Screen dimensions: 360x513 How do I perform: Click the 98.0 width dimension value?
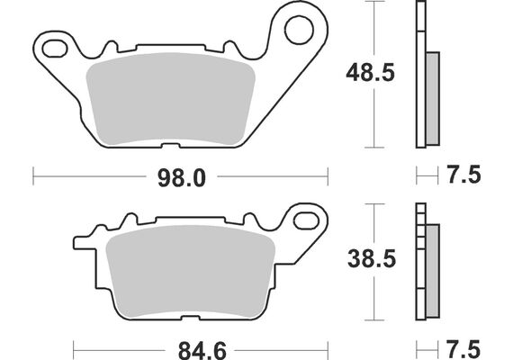click(x=182, y=178)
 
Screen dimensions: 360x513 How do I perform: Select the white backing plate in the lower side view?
click(x=419, y=261)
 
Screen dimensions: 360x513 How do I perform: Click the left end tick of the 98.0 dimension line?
click(x=33, y=176)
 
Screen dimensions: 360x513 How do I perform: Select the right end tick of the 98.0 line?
click(x=327, y=176)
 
